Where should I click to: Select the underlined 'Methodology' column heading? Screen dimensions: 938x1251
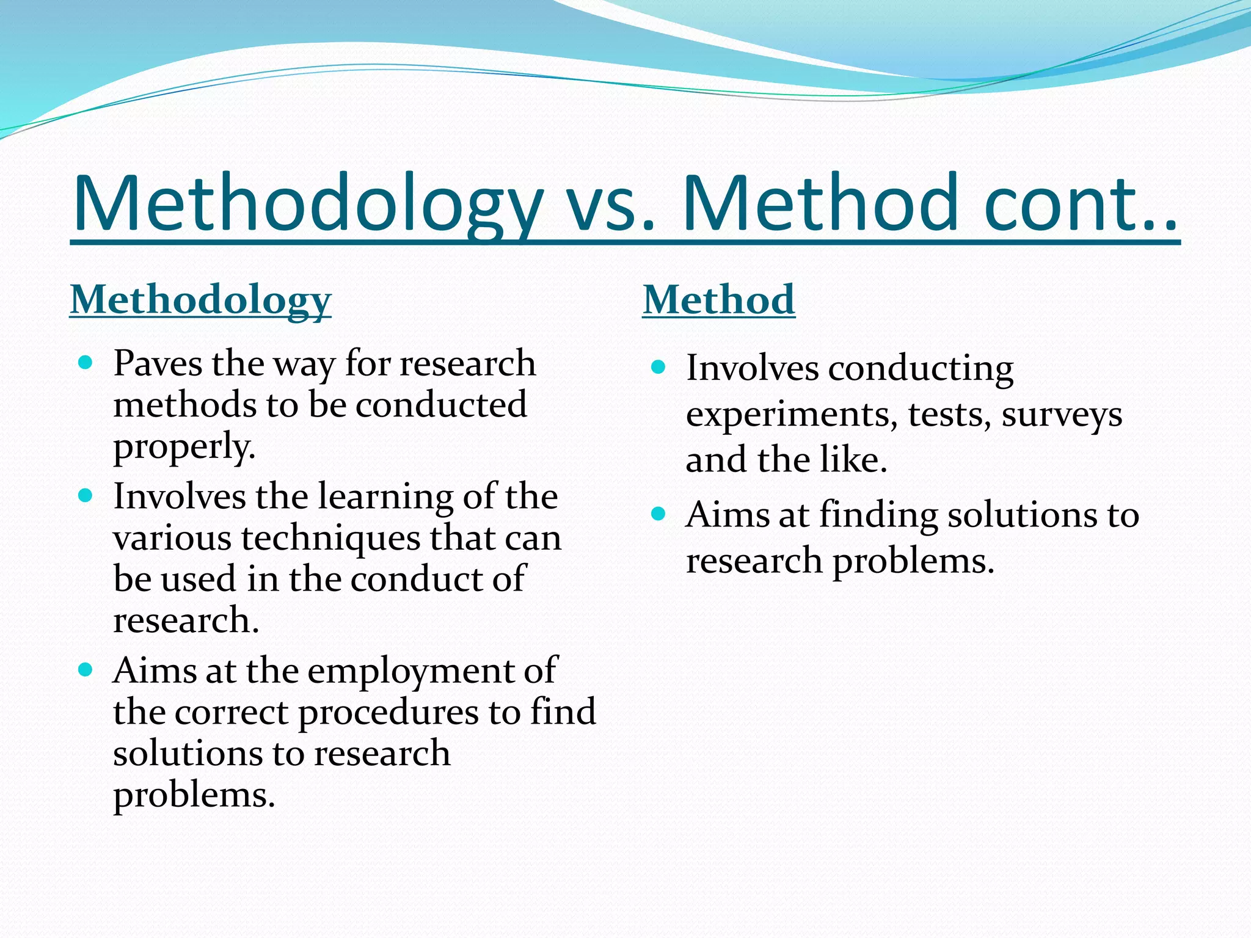(200, 300)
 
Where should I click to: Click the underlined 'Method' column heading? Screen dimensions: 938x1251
(718, 300)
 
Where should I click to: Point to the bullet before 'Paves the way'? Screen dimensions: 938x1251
(86, 363)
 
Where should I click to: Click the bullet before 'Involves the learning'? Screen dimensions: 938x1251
(86, 495)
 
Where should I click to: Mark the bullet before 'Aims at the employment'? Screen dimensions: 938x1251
(86, 670)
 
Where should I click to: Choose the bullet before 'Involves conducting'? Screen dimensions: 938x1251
(658, 367)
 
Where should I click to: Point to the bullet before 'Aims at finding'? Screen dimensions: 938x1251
(658, 514)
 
